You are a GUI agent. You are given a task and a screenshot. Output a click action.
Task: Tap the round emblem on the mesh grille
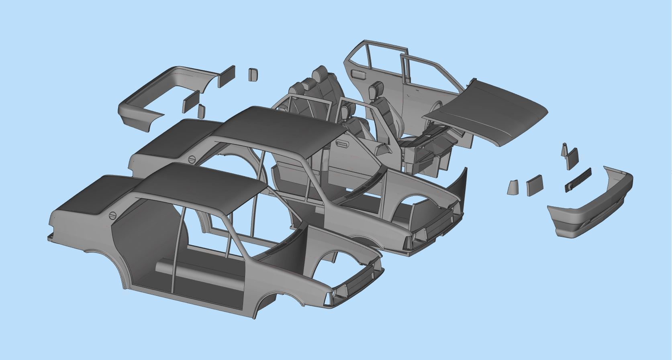point(570,186)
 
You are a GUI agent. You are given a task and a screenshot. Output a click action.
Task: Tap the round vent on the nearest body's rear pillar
point(113,216)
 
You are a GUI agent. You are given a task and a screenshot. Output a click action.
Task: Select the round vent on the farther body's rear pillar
point(192,159)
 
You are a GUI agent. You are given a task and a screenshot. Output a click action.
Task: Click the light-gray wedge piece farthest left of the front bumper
point(512,187)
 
